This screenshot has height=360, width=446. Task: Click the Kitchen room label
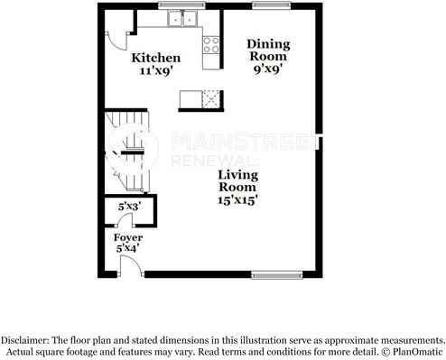(156, 58)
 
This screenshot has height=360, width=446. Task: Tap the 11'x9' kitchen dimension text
(156, 70)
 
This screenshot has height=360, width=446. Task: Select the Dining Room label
(268, 50)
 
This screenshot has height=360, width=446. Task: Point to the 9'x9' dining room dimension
(268, 69)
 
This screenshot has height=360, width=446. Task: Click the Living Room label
(237, 180)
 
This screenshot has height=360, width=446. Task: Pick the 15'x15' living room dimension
(237, 200)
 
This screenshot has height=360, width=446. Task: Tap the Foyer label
(128, 238)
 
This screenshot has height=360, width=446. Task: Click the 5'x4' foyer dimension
(127, 248)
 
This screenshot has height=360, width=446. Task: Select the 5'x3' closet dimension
(130, 207)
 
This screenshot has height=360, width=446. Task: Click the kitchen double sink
(182, 18)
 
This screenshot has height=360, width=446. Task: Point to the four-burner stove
(211, 45)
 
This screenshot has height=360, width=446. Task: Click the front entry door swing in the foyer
(131, 265)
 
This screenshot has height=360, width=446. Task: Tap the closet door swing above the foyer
(125, 219)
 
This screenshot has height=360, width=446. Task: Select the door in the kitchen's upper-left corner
(117, 41)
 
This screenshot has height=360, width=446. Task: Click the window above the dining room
(272, 5)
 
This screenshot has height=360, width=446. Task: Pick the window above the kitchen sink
(182, 5)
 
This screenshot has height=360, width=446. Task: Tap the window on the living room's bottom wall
(276, 274)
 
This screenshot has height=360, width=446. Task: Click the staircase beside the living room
(127, 152)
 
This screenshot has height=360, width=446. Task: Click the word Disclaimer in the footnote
(24, 340)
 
